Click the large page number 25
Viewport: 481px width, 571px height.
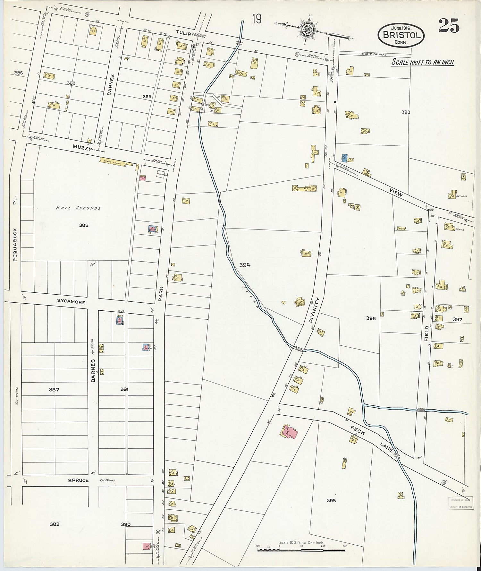(449, 25)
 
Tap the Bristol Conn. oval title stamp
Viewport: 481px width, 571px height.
(401, 35)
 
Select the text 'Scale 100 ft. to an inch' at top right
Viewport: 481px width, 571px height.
(423, 62)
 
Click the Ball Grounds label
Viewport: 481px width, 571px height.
(78, 208)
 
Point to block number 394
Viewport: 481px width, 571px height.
(245, 265)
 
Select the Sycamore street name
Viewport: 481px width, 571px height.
(71, 302)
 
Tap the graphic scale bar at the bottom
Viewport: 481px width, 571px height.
(301, 550)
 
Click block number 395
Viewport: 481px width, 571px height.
(331, 500)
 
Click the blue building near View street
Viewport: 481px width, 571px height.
(344, 158)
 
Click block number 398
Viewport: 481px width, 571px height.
(406, 112)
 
